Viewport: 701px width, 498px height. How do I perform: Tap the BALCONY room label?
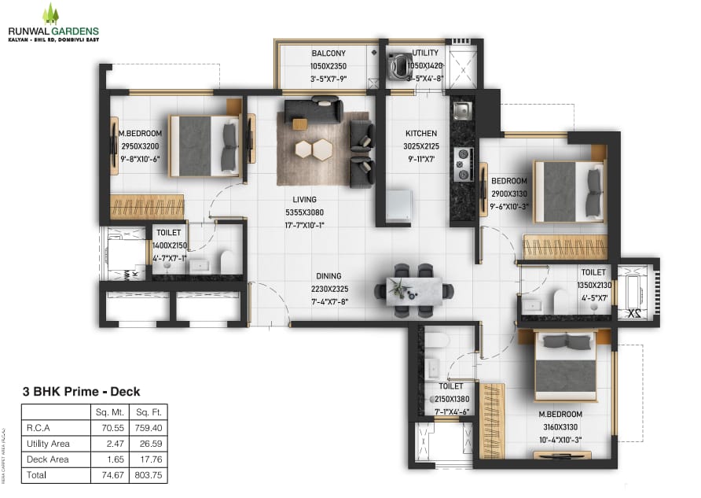pos(328,53)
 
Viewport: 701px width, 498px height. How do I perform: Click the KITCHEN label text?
pos(420,133)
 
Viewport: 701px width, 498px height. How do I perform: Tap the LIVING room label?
pos(305,200)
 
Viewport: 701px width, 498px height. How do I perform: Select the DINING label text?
pos(328,276)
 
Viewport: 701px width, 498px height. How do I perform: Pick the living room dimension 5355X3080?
pos(305,212)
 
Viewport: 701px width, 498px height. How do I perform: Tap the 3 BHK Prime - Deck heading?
pos(81,391)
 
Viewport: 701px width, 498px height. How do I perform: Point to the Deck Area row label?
pos(47,459)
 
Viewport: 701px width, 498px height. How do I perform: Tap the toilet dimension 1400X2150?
pos(169,245)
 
